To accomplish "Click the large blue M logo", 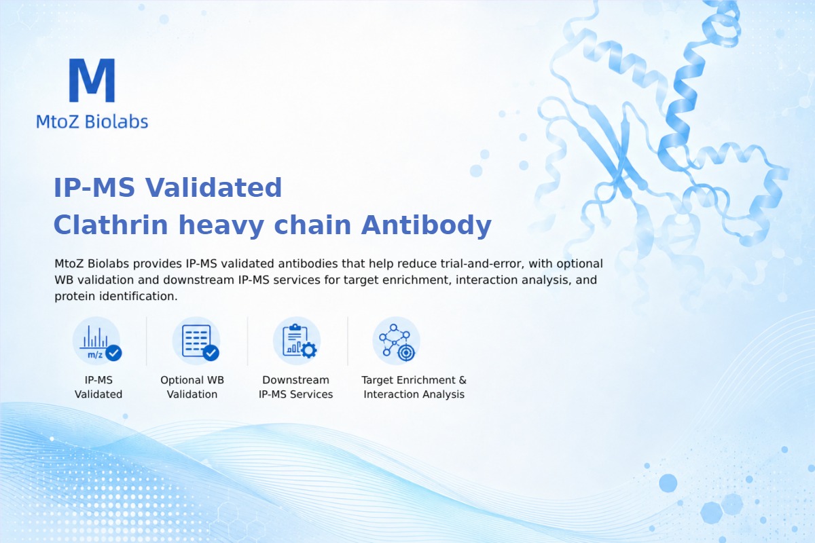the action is point(92,80).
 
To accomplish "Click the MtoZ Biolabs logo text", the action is point(92,121).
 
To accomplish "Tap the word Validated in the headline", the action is point(213,187).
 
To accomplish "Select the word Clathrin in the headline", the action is point(111,225).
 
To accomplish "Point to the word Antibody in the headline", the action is point(426,226).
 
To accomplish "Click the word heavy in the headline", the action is point(221,226).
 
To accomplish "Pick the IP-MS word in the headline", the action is point(94,187).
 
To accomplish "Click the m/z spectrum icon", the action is point(96,341).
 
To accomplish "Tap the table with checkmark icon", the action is point(196,341).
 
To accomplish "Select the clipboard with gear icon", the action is point(297,341).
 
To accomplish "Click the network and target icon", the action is point(396,341).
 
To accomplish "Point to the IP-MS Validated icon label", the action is point(98,387).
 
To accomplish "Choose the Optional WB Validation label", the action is point(192,387).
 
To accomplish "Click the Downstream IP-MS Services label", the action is point(296,387).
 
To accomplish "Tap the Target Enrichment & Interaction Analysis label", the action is point(414,387).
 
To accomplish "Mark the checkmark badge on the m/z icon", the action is point(113,353).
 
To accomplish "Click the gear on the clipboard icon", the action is point(309,350).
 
